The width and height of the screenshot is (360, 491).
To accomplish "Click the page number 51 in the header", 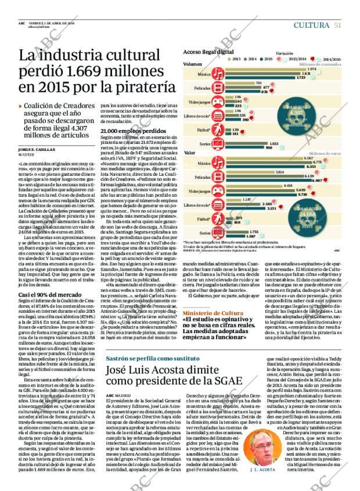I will pyautogui.click(x=337, y=25).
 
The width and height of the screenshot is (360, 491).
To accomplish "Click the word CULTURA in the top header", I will pyautogui.click(x=312, y=25).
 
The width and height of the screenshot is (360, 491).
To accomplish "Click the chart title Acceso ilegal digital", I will pyautogui.click(x=208, y=52).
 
